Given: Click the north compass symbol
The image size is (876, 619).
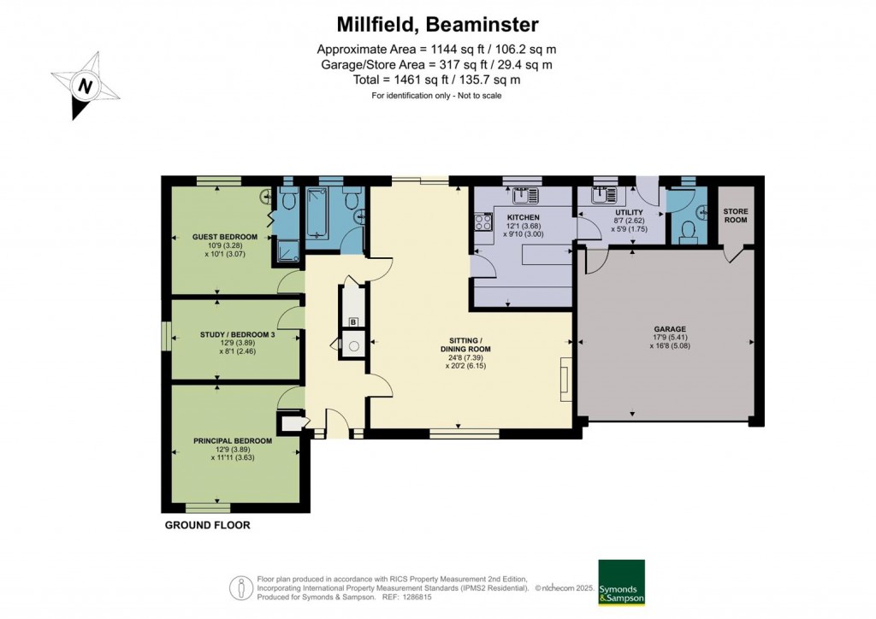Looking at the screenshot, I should pyautogui.click(x=86, y=86).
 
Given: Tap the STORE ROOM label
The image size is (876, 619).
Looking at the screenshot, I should pyautogui.click(x=735, y=215).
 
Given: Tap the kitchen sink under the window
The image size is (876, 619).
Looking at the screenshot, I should pyautogui.click(x=521, y=194).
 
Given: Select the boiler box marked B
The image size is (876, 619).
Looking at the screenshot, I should pyautogui.click(x=353, y=322).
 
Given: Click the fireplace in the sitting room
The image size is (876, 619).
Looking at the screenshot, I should pyautogui.click(x=565, y=377).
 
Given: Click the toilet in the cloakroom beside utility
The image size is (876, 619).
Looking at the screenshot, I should pyautogui.click(x=685, y=231).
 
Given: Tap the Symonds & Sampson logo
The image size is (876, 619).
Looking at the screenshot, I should pyautogui.click(x=621, y=583).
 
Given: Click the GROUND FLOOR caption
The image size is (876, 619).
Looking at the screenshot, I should pyautogui.click(x=208, y=525).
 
